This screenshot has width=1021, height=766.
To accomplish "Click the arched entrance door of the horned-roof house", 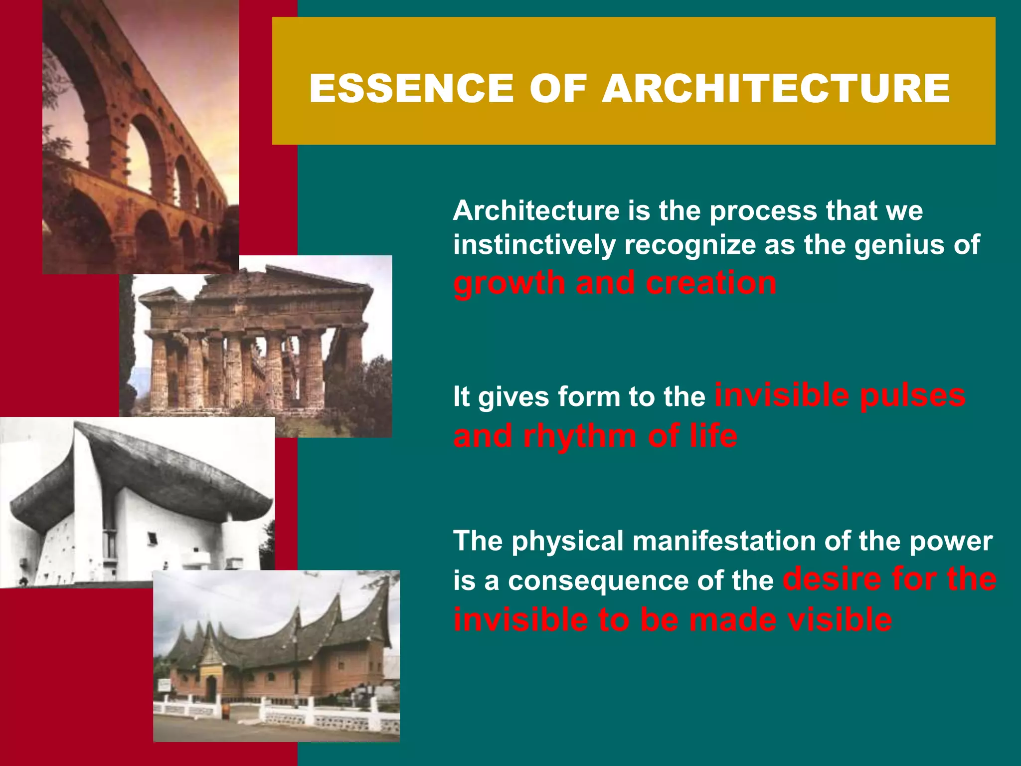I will [211, 688].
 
